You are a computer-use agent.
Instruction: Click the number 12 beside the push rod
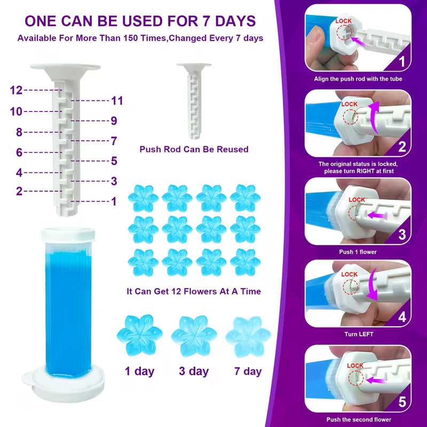[16, 90]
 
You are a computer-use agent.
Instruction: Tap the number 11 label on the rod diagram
[117, 100]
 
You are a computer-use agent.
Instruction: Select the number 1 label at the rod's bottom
[114, 201]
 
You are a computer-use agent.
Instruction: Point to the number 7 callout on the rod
[114, 141]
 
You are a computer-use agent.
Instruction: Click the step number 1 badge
[402, 62]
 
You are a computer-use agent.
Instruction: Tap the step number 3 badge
[402, 234]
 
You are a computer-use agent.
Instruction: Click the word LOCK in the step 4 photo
[349, 274]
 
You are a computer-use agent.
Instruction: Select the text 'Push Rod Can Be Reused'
[194, 149]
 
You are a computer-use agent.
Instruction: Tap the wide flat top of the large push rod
[65, 68]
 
